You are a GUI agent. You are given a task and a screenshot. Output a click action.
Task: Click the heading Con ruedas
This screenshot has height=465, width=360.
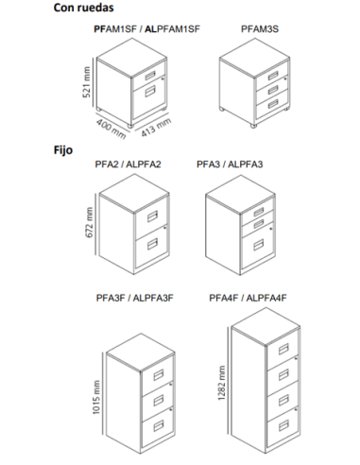point(83,8)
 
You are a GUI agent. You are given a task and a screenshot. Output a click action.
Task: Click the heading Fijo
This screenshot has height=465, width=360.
point(63,150)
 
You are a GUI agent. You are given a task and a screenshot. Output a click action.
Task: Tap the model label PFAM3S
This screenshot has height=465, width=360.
point(260,29)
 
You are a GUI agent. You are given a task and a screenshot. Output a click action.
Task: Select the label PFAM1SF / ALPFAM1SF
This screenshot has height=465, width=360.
point(146,29)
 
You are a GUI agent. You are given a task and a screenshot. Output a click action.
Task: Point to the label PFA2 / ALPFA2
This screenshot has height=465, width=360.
point(128,164)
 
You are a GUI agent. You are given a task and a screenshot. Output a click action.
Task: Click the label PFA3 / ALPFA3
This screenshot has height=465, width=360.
point(230,164)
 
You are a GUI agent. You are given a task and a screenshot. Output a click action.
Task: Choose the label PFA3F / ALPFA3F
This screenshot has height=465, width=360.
point(135,298)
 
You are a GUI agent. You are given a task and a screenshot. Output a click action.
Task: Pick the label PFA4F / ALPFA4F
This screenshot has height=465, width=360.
point(249,298)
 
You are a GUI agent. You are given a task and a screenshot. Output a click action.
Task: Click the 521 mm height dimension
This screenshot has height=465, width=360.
point(87,82)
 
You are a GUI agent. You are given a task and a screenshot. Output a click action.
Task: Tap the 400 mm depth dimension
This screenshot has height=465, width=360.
point(111,129)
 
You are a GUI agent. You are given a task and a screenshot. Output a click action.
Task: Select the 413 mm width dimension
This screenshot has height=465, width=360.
point(156,127)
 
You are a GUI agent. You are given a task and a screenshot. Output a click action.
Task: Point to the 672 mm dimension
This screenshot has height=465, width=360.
point(89,222)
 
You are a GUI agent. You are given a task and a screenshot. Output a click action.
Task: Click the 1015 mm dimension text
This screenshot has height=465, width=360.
point(96,397)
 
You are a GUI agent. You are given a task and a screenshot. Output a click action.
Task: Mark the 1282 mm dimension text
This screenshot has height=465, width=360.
point(222,383)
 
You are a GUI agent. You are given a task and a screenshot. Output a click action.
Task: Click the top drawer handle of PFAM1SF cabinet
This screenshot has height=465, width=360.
point(150,76)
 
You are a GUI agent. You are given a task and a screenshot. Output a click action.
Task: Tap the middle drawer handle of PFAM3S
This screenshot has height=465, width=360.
point(273,90)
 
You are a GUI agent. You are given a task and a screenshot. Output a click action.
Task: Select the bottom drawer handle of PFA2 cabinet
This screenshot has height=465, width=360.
point(152,244)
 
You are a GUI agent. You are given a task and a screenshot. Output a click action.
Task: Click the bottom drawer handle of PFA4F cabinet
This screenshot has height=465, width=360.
point(283,425)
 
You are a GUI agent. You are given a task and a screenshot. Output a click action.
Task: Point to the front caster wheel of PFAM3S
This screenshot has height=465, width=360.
point(253,126)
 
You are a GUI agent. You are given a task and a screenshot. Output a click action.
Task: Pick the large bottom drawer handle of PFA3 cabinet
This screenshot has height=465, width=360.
point(259,245)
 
